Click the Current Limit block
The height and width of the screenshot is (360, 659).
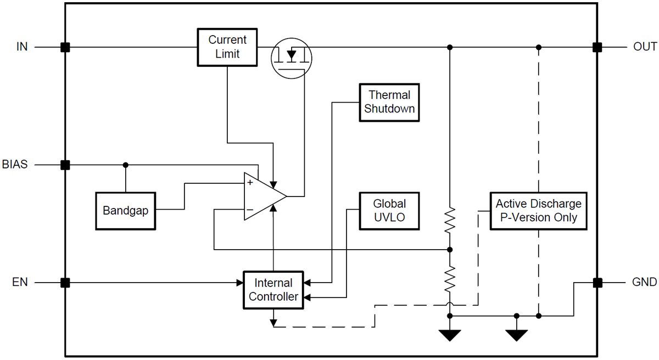pos(227,47)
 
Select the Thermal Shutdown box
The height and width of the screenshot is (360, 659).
pos(389,102)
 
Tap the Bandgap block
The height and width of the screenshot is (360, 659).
pos(126,211)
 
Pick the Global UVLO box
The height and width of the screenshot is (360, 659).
pos(389,211)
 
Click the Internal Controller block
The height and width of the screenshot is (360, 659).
pos(273,290)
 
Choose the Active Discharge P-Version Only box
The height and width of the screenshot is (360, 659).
pos(538,211)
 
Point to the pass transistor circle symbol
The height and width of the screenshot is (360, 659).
pos(292,57)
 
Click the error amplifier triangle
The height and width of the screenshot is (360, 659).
pos(263,196)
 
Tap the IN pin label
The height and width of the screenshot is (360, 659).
pos(22,47)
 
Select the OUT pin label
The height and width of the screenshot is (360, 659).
pos(645,47)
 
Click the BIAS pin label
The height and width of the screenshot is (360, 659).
pos(15,165)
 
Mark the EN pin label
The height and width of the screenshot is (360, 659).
pos(20,283)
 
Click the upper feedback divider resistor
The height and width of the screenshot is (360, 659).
pos(450,221)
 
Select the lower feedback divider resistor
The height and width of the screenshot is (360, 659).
pos(450,279)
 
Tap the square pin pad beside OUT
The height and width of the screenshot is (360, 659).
pos(597,47)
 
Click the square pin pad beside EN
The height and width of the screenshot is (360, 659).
pos(65,283)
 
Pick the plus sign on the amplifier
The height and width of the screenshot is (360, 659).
pos(250,183)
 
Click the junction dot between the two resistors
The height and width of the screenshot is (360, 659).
pos(450,250)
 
